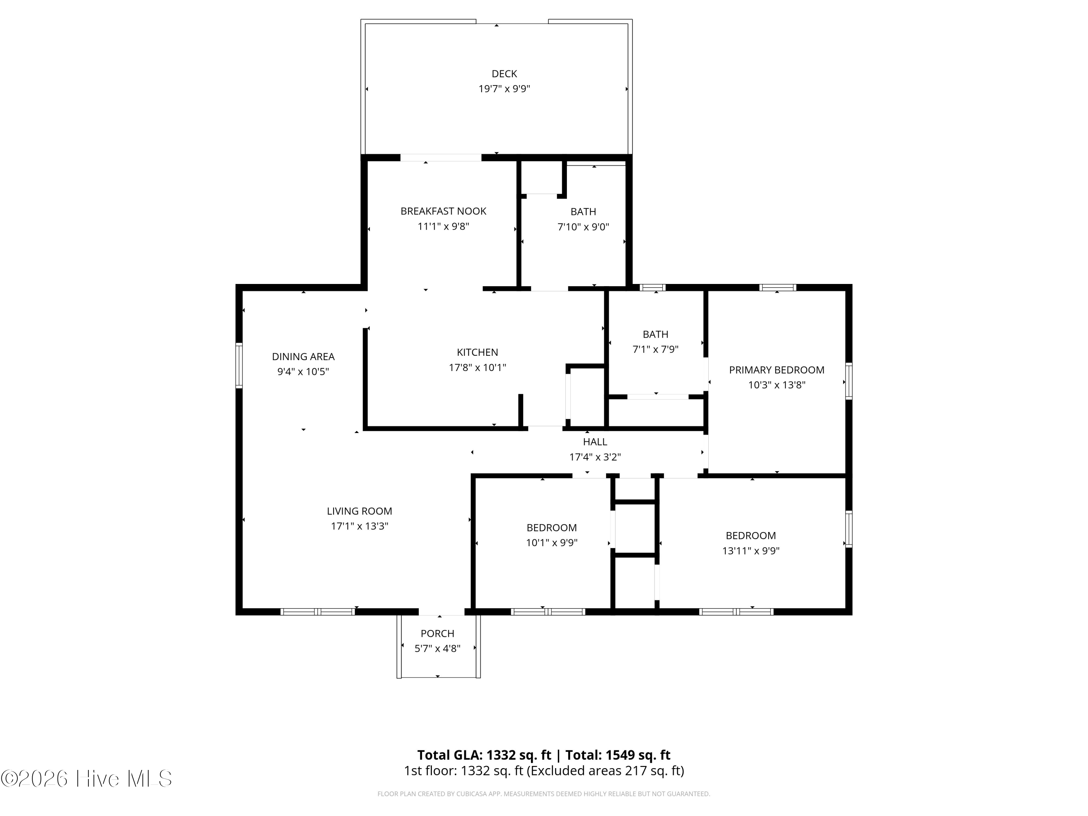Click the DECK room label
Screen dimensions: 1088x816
pyautogui.click(x=504, y=74)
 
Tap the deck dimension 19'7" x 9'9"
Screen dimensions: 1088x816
pyautogui.click(x=504, y=89)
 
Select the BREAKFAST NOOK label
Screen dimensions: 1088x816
pyautogui.click(x=443, y=211)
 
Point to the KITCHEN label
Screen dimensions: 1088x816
pyautogui.click(x=477, y=352)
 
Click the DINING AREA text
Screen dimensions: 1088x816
pyautogui.click(x=303, y=357)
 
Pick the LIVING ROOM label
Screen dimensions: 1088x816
pyautogui.click(x=359, y=511)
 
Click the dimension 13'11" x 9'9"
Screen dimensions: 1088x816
pyautogui.click(x=751, y=551)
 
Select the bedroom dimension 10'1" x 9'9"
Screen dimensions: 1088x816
pyautogui.click(x=551, y=543)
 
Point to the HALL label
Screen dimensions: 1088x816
pyautogui.click(x=595, y=442)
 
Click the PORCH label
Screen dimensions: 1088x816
pyautogui.click(x=437, y=634)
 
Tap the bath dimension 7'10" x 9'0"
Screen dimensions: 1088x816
pyautogui.click(x=583, y=227)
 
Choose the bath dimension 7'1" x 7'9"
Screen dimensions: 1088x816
pyautogui.click(x=655, y=349)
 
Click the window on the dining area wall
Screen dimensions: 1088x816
pyautogui.click(x=239, y=366)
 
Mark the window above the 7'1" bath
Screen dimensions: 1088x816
pyautogui.click(x=652, y=287)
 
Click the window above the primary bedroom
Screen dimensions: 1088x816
pyautogui.click(x=778, y=287)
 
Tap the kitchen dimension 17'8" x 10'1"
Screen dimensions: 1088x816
pyautogui.click(x=477, y=367)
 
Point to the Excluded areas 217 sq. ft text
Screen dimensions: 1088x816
pyautogui.click(x=606, y=771)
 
